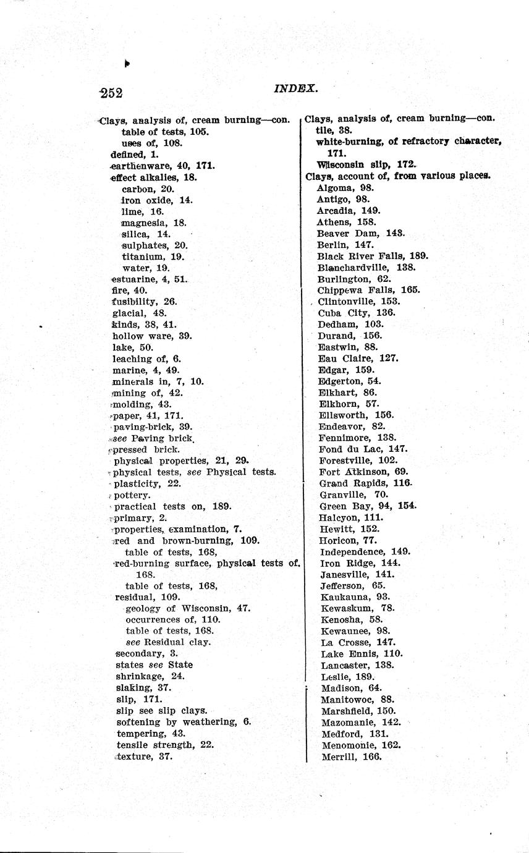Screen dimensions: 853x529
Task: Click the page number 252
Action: pyautogui.click(x=111, y=93)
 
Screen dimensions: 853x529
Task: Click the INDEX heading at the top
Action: pyautogui.click(x=295, y=88)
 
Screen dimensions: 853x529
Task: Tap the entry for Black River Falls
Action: pyautogui.click(x=372, y=256)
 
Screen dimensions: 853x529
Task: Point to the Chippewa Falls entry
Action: pyautogui.click(x=368, y=290)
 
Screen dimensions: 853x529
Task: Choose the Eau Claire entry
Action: pyautogui.click(x=358, y=358)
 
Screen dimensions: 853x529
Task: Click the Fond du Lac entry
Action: pyautogui.click(x=363, y=449)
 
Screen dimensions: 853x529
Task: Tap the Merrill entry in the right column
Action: pyautogui.click(x=352, y=756)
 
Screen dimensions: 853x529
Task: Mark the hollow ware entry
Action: pyautogui.click(x=152, y=336)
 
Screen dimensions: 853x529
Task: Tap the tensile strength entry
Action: pyautogui.click(x=165, y=744)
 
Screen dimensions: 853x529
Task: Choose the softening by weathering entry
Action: pyautogui.click(x=183, y=721)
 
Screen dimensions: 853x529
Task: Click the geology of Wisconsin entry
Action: pyautogui.click(x=187, y=608)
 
